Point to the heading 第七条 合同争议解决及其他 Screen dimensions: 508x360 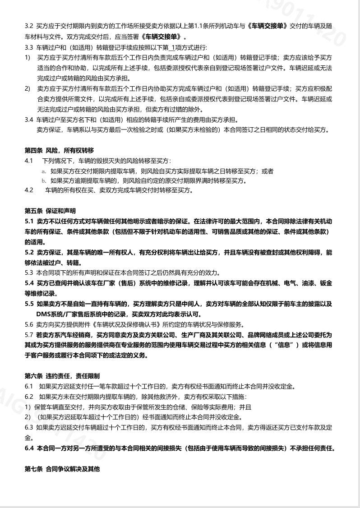tap(62, 469)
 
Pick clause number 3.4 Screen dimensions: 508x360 tap(29, 120)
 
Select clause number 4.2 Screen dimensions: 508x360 tap(29, 190)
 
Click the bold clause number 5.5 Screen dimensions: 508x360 tap(29, 304)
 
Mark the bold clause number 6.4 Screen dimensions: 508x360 tap(29, 448)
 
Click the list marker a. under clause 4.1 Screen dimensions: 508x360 tap(44, 171)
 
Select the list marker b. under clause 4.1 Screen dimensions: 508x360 tap(44, 181)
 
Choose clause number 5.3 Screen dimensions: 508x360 tap(29, 272)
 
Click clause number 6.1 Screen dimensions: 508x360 tap(29, 386)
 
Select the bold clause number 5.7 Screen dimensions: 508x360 tap(29, 335)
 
